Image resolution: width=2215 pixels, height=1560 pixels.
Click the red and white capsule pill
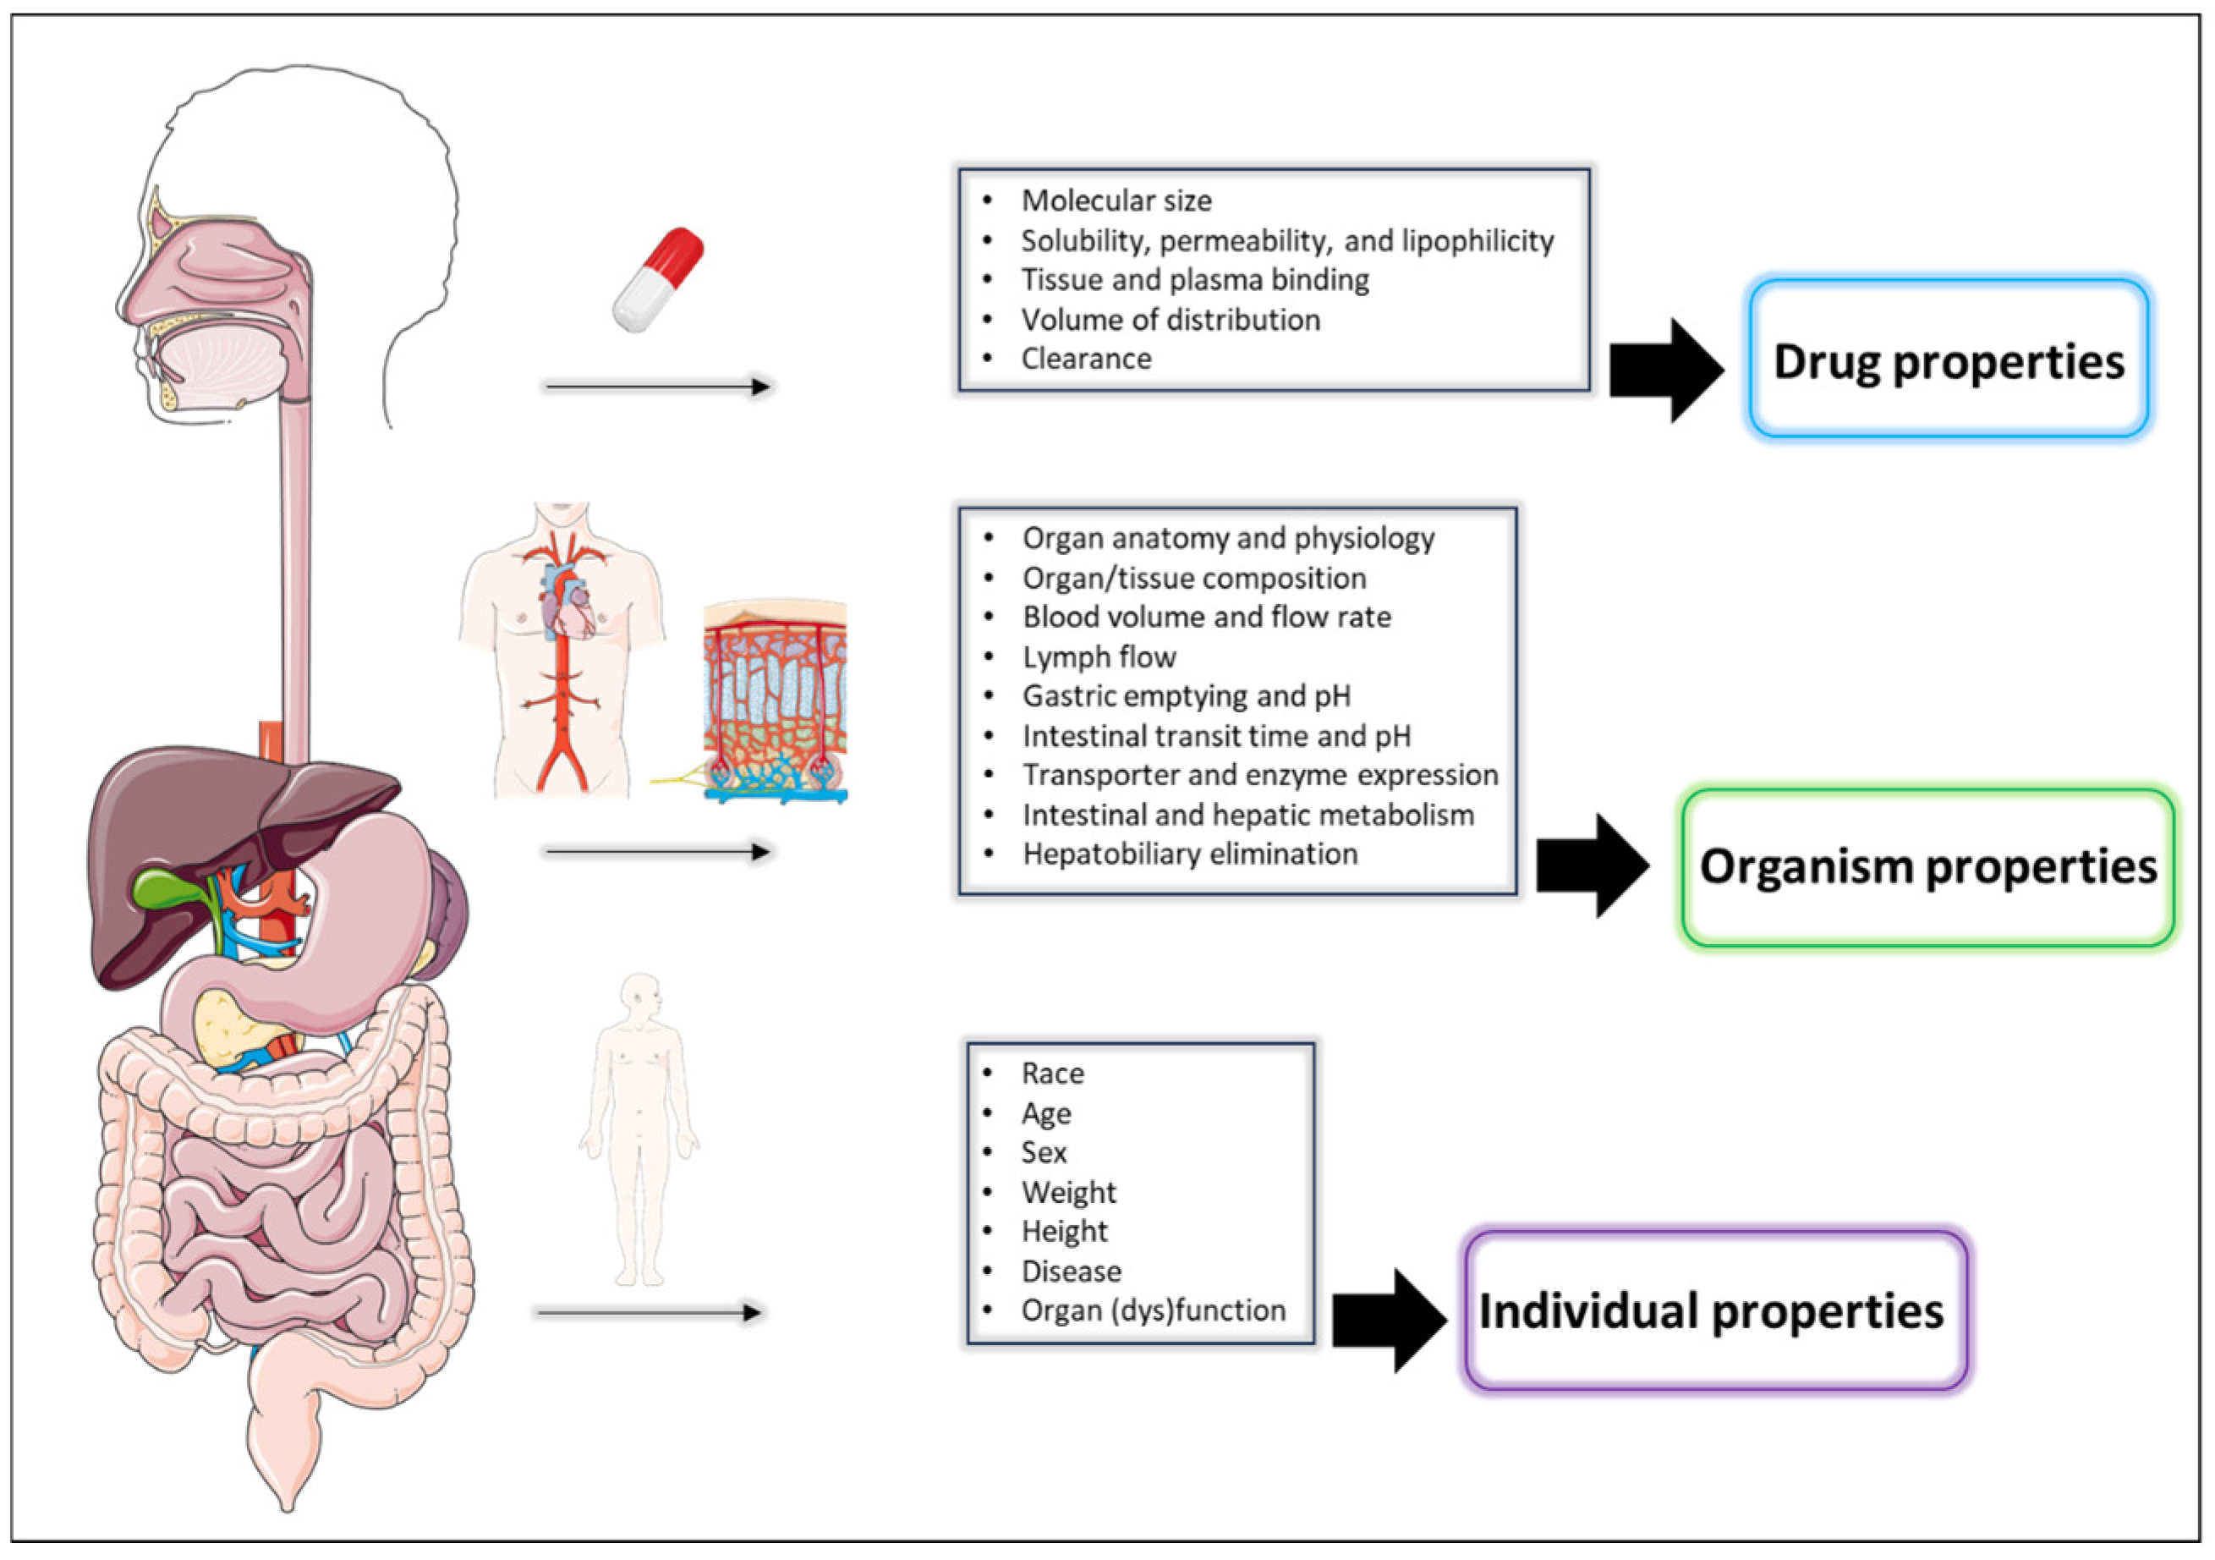658,280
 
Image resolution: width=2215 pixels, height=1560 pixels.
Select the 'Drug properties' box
1948,360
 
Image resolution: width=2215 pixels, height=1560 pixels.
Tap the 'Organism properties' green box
1927,866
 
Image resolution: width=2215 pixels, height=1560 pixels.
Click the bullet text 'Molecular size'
1116,200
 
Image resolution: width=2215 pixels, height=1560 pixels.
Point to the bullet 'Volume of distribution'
1171,319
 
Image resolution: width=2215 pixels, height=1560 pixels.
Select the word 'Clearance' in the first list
1086,359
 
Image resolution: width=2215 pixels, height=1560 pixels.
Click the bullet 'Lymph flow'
1099,657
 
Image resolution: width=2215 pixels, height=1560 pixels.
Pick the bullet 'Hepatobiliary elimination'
1189,854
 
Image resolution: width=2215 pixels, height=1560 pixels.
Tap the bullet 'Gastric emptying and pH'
1186,695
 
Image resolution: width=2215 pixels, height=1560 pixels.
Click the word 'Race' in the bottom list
1052,1073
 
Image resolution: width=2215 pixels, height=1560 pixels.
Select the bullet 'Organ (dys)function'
1153,1310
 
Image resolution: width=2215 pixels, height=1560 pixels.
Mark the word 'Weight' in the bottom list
1068,1193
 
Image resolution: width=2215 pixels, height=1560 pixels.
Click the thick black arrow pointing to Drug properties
1667,370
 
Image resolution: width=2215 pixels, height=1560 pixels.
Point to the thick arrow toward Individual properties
1390,1320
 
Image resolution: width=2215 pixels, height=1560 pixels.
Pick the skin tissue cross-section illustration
775,701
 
